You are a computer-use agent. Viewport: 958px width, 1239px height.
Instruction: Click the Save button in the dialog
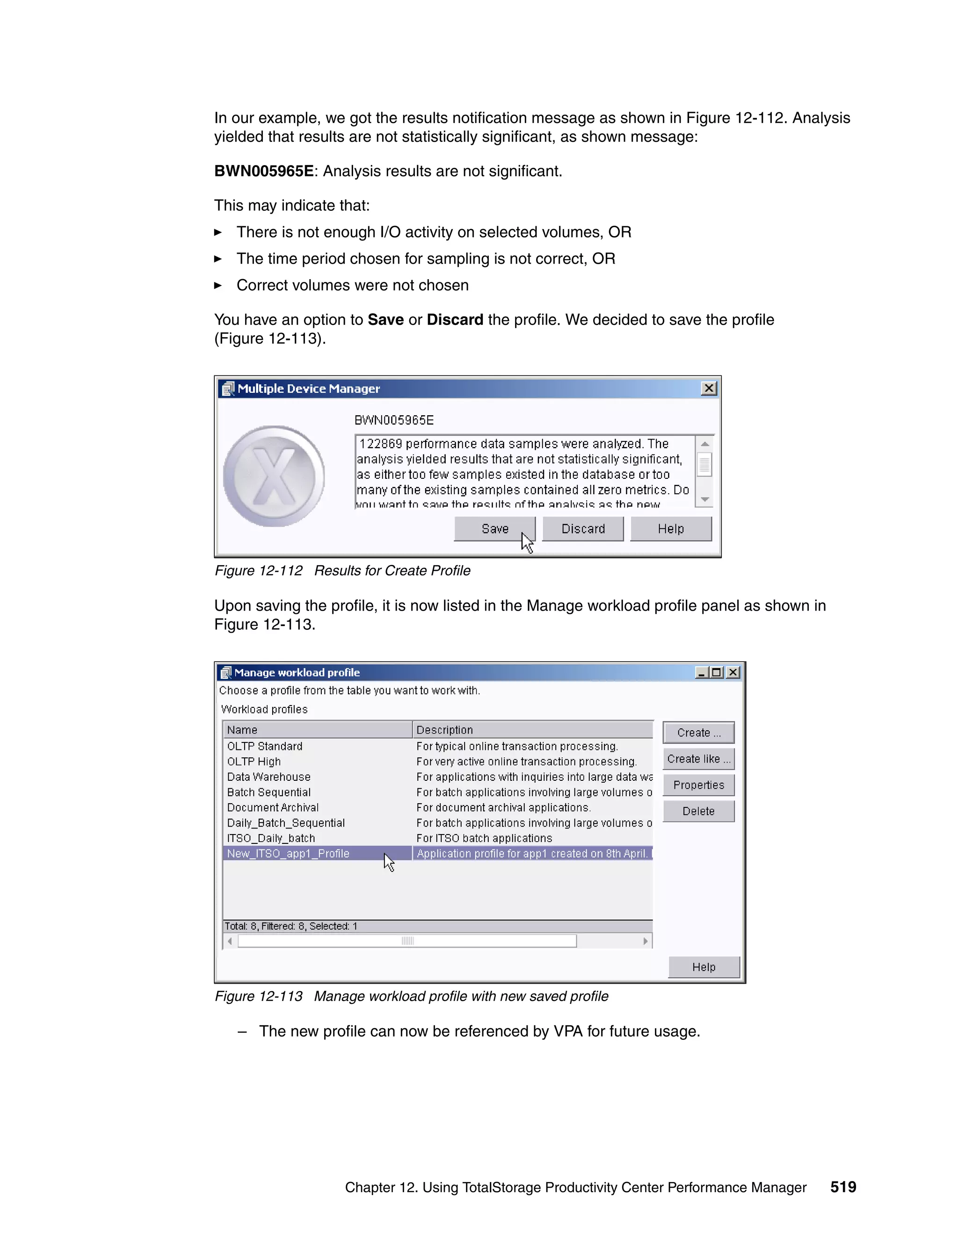pyautogui.click(x=494, y=529)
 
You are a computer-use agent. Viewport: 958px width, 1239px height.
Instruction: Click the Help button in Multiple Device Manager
pyautogui.click(x=670, y=529)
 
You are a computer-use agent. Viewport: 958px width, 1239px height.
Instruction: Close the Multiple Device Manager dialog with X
pyautogui.click(x=709, y=389)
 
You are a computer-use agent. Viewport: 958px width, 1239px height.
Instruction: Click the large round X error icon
pyautogui.click(x=274, y=476)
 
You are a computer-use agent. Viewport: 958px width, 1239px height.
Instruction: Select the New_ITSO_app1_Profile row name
pyautogui.click(x=288, y=853)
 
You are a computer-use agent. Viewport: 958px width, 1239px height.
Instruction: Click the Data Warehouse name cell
pyautogui.click(x=269, y=777)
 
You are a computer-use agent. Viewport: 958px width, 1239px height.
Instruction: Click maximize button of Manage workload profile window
pyautogui.click(x=717, y=672)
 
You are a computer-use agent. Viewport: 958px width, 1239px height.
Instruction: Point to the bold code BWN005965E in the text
pyautogui.click(x=263, y=171)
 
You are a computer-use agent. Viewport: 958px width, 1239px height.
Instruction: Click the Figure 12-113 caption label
pyautogui.click(x=258, y=996)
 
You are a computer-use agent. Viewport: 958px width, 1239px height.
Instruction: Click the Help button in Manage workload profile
pyautogui.click(x=704, y=967)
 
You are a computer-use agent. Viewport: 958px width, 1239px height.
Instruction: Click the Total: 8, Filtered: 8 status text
pyautogui.click(x=290, y=926)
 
